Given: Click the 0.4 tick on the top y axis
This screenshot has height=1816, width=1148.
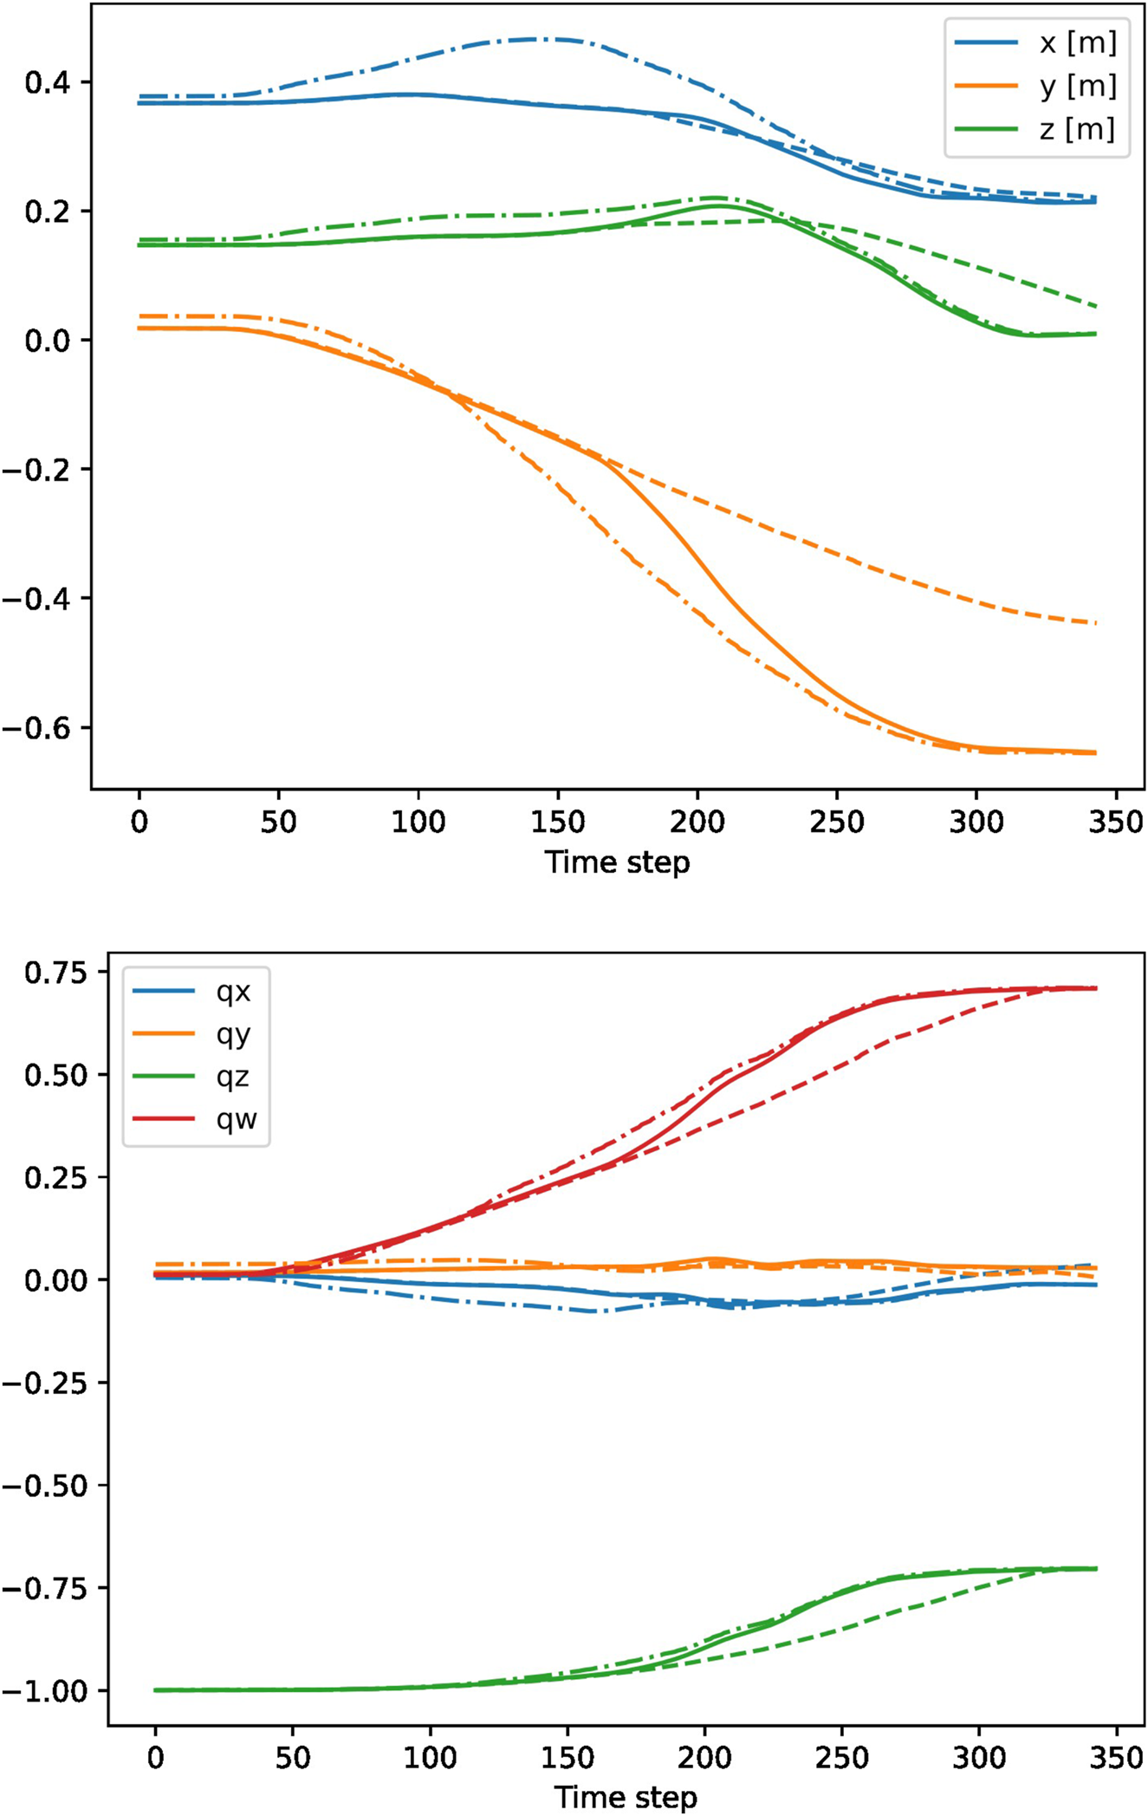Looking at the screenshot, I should pyautogui.click(x=47, y=83).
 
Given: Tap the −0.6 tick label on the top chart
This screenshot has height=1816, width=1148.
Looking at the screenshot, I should pyautogui.click(x=36, y=727).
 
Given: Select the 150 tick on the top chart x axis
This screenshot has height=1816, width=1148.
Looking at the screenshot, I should pyautogui.click(x=557, y=822).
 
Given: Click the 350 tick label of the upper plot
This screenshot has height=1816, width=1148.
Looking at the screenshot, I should pyautogui.click(x=1116, y=822).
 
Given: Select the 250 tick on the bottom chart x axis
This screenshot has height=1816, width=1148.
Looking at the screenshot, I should pyautogui.click(x=841, y=1759).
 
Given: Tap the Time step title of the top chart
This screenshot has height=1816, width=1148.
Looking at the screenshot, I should pyautogui.click(x=617, y=862).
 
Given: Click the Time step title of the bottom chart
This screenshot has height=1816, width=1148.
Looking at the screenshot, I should pyautogui.click(x=626, y=1798).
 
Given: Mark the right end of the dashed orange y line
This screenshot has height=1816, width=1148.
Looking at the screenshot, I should pyautogui.click(x=1096, y=622).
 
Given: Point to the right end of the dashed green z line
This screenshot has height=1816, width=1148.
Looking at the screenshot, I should pyautogui.click(x=1096, y=306).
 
